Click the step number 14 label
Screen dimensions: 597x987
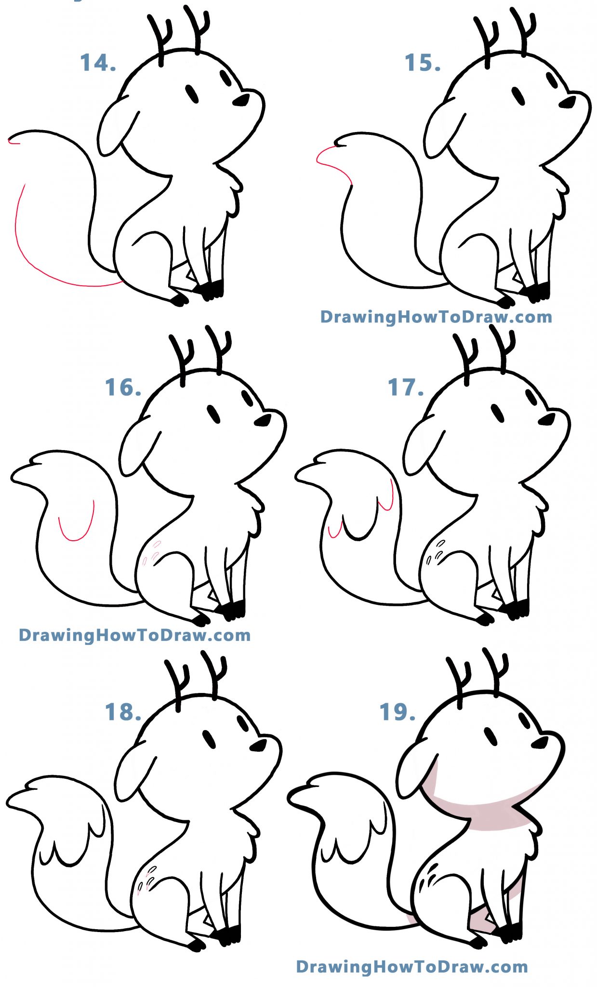click(98, 63)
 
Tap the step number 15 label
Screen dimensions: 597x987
click(423, 63)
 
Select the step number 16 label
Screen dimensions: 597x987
click(123, 387)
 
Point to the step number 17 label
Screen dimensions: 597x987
click(406, 387)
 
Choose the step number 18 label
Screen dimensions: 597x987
click(123, 712)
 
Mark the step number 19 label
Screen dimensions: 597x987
click(398, 712)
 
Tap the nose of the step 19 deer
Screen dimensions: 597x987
click(540, 743)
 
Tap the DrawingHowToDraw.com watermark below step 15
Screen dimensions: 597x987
click(436, 317)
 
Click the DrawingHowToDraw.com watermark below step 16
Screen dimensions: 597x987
click(135, 635)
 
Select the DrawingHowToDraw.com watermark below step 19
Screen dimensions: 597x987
click(412, 966)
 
